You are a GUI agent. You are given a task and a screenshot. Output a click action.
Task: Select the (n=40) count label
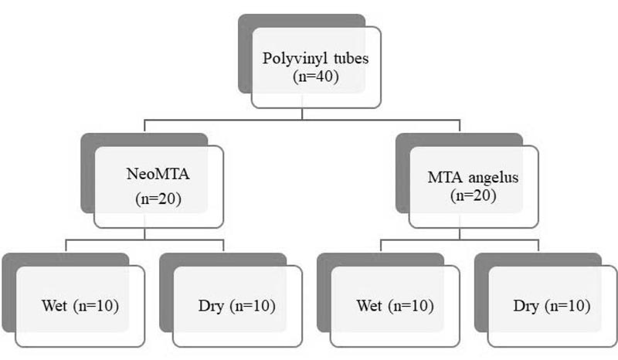316,76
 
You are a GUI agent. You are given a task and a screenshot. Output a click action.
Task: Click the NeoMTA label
158,174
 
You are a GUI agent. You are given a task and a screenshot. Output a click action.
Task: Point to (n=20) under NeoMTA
158,199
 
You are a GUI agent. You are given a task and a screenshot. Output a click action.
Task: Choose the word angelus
494,178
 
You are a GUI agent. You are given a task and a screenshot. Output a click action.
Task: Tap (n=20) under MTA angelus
473,195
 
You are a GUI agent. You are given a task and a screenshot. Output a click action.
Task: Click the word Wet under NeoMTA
54,306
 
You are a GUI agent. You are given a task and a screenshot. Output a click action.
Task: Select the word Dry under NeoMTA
211,307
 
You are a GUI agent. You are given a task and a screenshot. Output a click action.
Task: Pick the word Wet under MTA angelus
369,306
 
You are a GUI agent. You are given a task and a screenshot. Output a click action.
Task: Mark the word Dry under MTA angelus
526,307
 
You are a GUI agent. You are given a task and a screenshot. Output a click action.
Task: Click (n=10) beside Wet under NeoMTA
96,306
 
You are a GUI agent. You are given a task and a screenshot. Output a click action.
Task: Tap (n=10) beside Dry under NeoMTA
253,306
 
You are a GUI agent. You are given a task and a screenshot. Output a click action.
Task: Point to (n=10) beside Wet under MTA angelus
411,306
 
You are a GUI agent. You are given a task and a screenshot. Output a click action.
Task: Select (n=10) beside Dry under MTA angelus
568,306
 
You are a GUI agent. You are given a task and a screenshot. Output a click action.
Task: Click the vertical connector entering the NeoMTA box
144,125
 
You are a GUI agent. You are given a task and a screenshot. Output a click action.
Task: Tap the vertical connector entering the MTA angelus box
460,125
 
